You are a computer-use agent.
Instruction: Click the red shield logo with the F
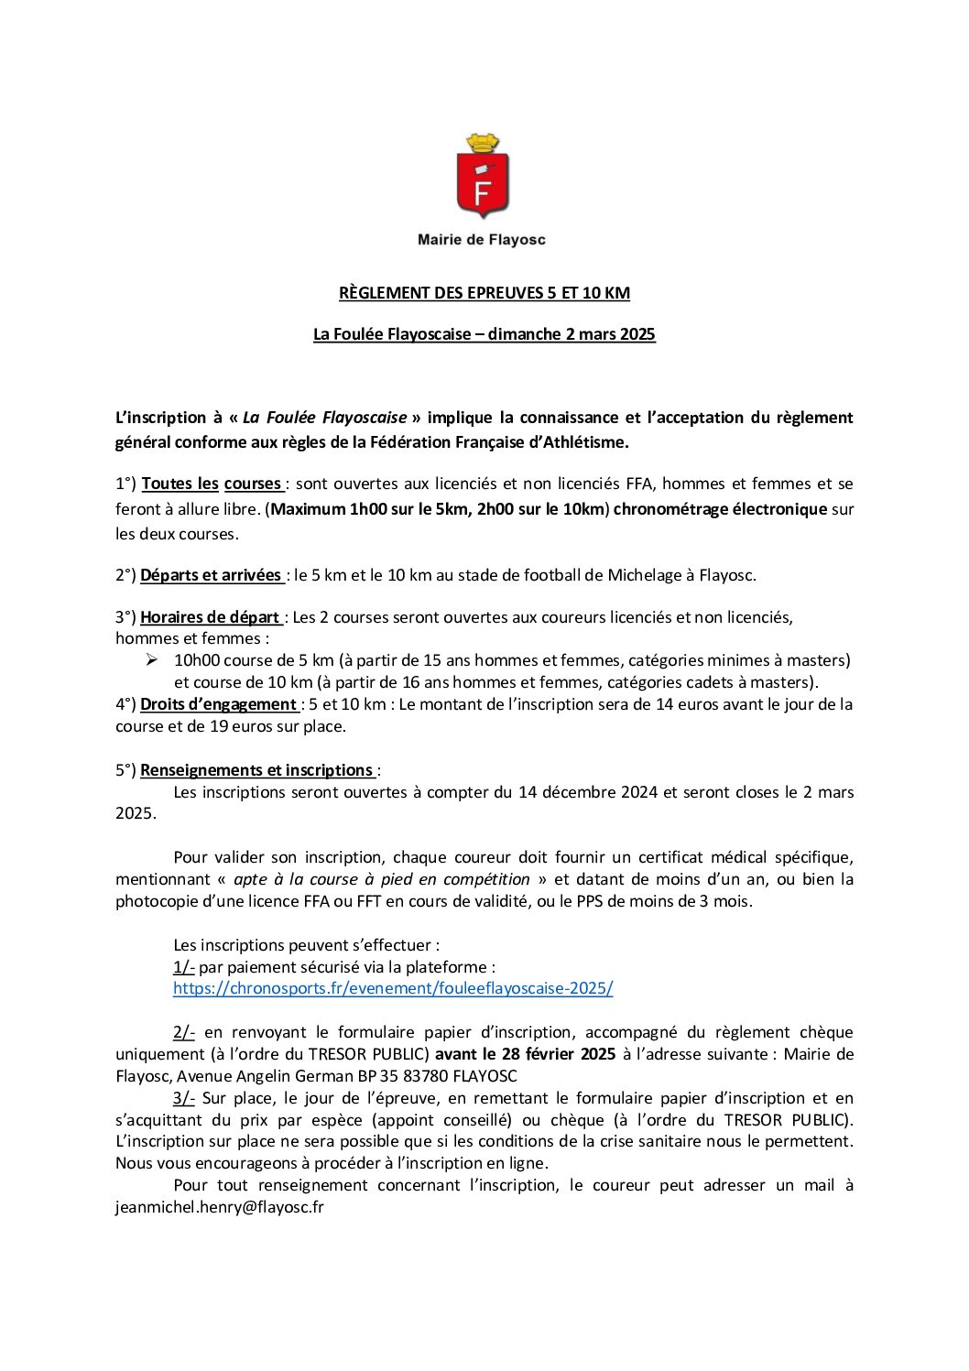click(483, 187)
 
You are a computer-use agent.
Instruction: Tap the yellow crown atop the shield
click(483, 144)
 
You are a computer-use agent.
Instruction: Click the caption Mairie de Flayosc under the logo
click(482, 240)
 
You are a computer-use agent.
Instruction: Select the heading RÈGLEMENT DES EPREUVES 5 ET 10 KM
click(484, 293)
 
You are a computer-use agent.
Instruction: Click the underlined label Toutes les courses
click(212, 484)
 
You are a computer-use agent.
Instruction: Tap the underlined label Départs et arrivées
click(211, 575)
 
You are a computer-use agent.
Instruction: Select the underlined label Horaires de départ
click(210, 617)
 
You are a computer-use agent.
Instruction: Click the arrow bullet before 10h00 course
click(152, 659)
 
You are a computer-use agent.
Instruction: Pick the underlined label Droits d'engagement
click(218, 704)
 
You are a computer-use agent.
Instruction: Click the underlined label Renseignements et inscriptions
click(256, 770)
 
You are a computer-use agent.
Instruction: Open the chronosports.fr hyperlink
click(393, 988)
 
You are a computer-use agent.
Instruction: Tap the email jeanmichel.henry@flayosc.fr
click(220, 1207)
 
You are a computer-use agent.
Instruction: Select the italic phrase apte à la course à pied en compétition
click(382, 879)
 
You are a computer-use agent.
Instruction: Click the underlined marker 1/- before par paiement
click(184, 967)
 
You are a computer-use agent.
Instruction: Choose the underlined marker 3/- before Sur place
click(184, 1098)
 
